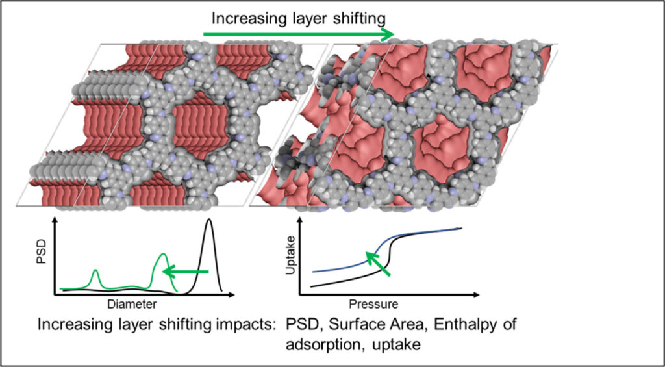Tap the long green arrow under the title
tap(298, 34)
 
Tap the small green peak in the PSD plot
tap(96, 272)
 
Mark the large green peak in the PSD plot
tap(164, 257)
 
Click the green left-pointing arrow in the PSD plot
tap(184, 272)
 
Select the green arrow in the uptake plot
tap(380, 264)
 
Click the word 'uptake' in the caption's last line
tap(397, 345)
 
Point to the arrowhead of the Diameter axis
tap(242, 294)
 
